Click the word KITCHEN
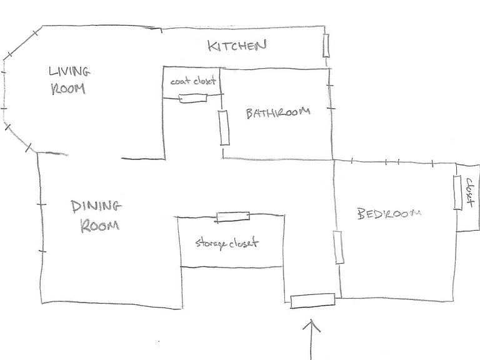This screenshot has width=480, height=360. click(x=237, y=46)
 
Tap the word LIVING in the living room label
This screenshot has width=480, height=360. click(x=69, y=71)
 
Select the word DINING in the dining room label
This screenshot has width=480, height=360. click(x=96, y=206)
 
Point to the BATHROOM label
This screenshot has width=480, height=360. click(x=278, y=112)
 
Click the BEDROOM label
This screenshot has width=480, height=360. click(x=389, y=213)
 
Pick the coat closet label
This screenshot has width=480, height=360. click(x=193, y=81)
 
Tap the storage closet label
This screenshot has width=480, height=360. click(x=227, y=243)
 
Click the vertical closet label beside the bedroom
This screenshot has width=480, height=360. click(x=469, y=193)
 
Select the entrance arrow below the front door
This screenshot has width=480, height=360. click(x=312, y=339)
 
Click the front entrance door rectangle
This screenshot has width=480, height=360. click(x=312, y=301)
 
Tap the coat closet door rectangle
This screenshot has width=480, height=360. click(x=193, y=98)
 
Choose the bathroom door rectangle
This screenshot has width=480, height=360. click(x=224, y=127)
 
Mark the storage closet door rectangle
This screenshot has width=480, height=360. click(x=233, y=217)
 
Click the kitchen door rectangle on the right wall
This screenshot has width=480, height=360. click(x=326, y=46)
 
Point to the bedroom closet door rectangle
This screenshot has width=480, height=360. click(x=457, y=193)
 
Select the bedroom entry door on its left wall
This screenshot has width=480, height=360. click(x=338, y=247)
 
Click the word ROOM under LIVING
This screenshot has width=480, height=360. click(x=68, y=89)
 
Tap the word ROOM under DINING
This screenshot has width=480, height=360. click(x=99, y=226)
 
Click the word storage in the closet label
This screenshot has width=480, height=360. click(x=211, y=244)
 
